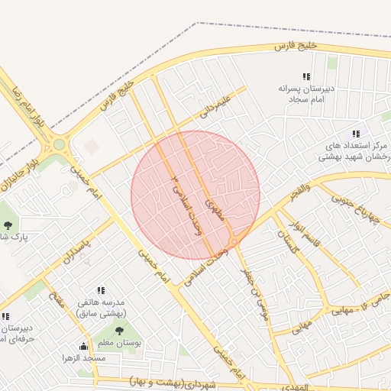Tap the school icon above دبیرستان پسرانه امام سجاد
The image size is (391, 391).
pyautogui.click(x=306, y=76)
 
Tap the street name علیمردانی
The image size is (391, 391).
pyautogui.click(x=215, y=106)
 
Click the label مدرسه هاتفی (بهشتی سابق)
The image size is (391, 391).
pyautogui.click(x=102, y=308)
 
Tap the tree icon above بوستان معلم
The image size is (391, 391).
pyautogui.click(x=119, y=330)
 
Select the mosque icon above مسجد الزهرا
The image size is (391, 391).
pyautogui.click(x=83, y=347)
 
